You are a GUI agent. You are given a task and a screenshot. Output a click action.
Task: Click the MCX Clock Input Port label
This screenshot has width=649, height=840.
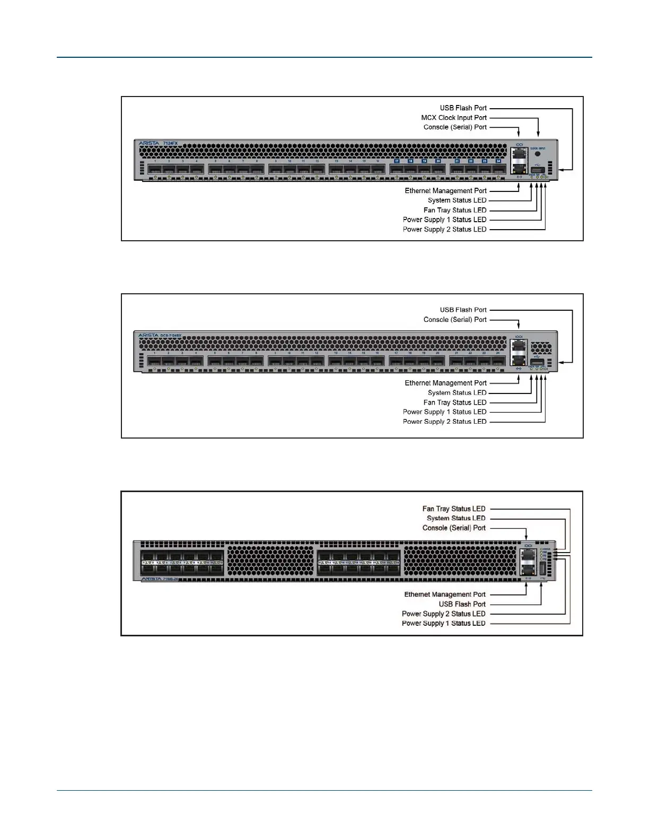(x=454, y=118)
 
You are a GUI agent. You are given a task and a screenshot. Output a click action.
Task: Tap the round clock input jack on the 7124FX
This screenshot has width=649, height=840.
(x=538, y=154)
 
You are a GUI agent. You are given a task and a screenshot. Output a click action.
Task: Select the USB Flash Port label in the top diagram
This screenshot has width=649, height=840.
(x=463, y=108)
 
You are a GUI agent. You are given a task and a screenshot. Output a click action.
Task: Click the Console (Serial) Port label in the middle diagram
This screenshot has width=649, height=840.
(x=455, y=320)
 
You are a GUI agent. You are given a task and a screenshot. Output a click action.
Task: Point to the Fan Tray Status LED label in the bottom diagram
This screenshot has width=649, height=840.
(x=454, y=509)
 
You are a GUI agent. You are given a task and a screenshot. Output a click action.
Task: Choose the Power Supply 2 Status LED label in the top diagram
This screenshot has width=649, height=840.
(x=444, y=230)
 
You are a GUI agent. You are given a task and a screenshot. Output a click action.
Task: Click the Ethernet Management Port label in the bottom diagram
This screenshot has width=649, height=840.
(x=445, y=594)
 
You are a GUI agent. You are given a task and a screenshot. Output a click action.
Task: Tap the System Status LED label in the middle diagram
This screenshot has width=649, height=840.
(x=457, y=393)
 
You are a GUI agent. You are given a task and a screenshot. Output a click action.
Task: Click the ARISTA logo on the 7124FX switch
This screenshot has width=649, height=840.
(x=148, y=144)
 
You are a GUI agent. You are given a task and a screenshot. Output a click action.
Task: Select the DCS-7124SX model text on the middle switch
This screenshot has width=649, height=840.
(x=171, y=336)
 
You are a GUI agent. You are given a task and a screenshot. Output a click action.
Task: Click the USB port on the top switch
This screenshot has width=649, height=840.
(x=538, y=171)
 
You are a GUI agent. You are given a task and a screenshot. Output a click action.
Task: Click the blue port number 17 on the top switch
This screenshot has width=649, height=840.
(x=397, y=161)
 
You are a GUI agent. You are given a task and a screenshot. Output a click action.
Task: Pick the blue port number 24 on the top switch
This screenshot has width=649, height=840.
(x=498, y=161)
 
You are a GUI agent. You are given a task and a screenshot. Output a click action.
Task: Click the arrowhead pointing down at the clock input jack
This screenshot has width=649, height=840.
(x=538, y=135)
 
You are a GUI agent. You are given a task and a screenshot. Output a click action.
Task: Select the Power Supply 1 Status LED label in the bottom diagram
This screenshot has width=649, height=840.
(x=443, y=624)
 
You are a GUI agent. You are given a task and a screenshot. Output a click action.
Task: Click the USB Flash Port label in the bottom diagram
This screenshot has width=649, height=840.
(x=462, y=604)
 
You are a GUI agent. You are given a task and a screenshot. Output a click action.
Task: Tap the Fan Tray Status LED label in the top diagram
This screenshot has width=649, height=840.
(x=455, y=211)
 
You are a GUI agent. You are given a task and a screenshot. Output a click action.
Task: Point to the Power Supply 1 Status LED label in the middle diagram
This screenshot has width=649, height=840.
(x=444, y=412)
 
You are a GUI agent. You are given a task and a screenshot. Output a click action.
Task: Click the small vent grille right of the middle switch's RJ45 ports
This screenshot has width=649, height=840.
(x=540, y=348)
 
